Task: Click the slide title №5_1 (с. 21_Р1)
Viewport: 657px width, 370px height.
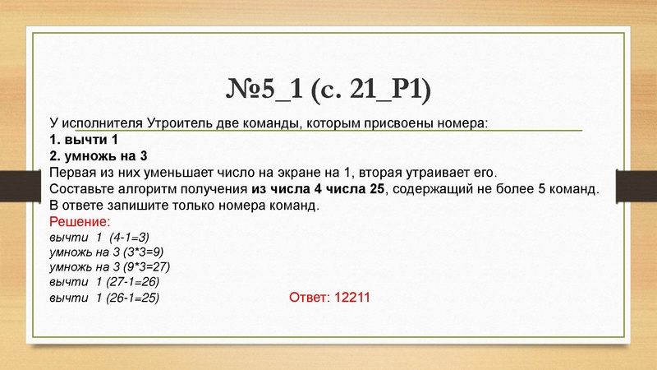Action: (x=328, y=88)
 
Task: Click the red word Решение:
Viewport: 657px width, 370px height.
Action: (x=79, y=222)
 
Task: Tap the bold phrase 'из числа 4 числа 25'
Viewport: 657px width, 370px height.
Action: (x=317, y=189)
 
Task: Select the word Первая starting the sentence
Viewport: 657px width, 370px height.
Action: (x=73, y=173)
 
